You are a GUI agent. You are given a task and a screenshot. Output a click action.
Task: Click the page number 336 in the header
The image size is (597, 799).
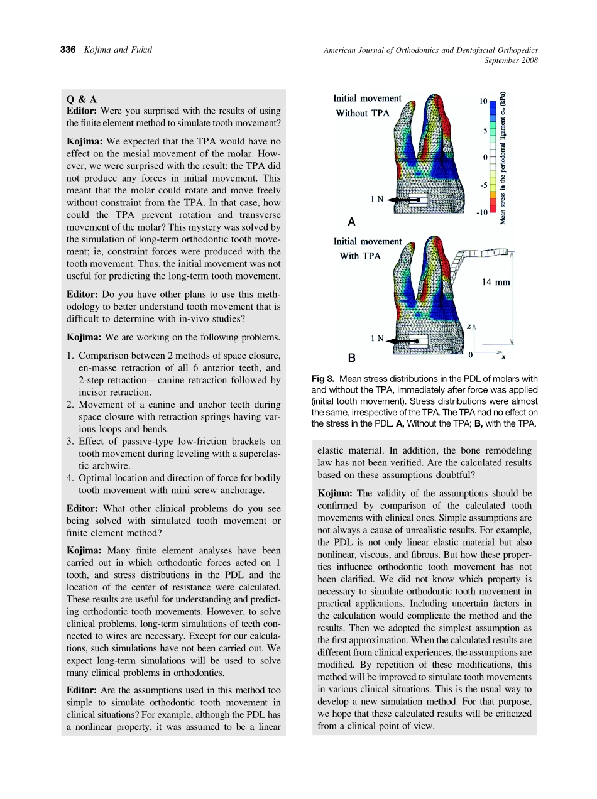[67, 50]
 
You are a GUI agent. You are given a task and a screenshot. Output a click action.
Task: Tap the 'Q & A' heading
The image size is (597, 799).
[82, 99]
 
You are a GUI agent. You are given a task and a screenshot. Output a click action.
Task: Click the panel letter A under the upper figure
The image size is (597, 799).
[351, 222]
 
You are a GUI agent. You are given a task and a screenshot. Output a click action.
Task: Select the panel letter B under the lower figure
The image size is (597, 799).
[352, 358]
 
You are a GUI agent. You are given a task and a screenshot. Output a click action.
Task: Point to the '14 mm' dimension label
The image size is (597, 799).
[496, 283]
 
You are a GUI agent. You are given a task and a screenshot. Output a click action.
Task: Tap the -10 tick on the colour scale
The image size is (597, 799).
[481, 213]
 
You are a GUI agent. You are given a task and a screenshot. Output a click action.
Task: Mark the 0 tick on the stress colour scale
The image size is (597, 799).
[485, 157]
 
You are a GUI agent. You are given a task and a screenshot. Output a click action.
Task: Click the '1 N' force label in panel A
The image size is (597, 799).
[377, 198]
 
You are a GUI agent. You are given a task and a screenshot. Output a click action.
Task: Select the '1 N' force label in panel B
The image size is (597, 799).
[377, 339]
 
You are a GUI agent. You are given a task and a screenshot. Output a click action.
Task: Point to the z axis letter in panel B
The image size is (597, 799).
[469, 327]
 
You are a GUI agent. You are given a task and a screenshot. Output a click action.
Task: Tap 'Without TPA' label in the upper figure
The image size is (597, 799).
[363, 114]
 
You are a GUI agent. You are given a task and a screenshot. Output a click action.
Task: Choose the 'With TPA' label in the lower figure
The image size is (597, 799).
[360, 256]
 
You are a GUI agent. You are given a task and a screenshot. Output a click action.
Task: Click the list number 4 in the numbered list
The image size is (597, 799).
[70, 477]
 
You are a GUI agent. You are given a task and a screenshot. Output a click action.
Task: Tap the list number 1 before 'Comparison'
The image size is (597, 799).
[70, 356]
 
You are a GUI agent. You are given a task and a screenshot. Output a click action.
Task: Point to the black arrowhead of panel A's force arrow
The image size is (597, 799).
[391, 199]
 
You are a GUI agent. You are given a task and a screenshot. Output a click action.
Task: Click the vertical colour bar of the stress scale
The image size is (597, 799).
[493, 157]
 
